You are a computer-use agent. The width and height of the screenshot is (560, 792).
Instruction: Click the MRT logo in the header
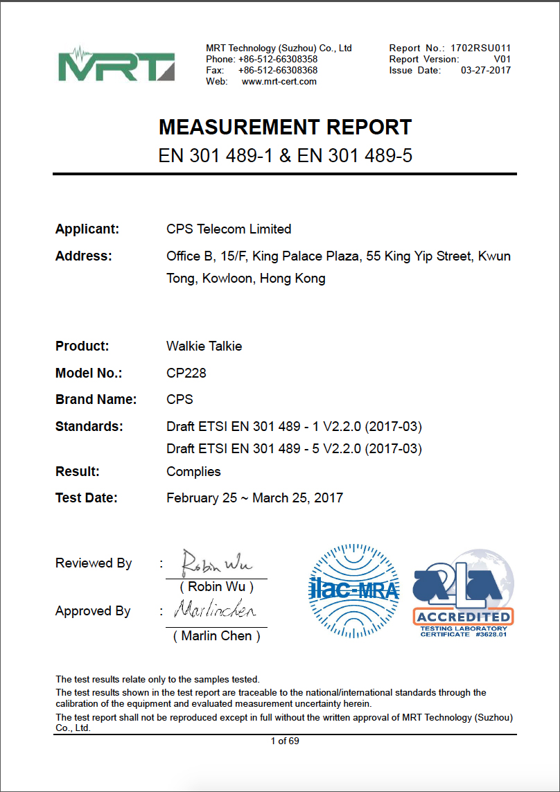tap(116, 64)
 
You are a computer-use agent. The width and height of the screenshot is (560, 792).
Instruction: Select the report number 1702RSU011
tap(480, 48)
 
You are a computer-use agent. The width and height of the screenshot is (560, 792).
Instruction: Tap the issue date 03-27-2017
tap(485, 70)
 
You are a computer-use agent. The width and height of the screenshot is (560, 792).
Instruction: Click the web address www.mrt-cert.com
tap(279, 81)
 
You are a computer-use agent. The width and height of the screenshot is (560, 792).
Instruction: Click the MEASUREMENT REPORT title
tap(285, 127)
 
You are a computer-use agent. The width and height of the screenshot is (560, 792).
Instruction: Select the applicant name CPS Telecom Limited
tap(229, 229)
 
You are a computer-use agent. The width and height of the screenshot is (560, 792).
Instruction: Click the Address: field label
tap(83, 256)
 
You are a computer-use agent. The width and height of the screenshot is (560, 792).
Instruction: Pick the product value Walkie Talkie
tap(204, 346)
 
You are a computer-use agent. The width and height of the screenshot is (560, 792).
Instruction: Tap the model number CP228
tap(186, 373)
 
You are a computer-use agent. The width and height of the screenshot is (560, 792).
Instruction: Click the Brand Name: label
tap(96, 400)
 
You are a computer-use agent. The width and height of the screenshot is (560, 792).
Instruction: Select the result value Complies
tap(193, 472)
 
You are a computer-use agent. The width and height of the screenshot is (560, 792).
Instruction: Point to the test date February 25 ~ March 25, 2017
tap(254, 498)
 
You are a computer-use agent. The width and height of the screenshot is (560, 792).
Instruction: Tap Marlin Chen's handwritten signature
tap(215, 611)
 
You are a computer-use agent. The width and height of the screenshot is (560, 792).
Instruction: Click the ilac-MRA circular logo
tap(353, 590)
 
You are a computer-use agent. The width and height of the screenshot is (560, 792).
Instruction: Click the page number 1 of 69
tap(285, 741)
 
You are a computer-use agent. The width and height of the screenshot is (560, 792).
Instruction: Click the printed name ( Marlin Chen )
tap(216, 636)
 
